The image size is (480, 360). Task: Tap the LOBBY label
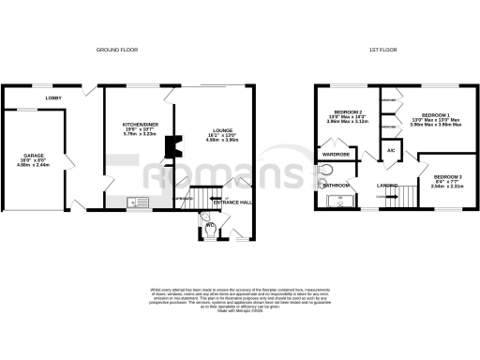click(x=53, y=97)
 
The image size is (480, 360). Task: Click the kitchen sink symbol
click(x=141, y=200)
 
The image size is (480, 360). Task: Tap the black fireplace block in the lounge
click(x=169, y=146)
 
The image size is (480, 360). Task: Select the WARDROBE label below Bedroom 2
click(x=336, y=153)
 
